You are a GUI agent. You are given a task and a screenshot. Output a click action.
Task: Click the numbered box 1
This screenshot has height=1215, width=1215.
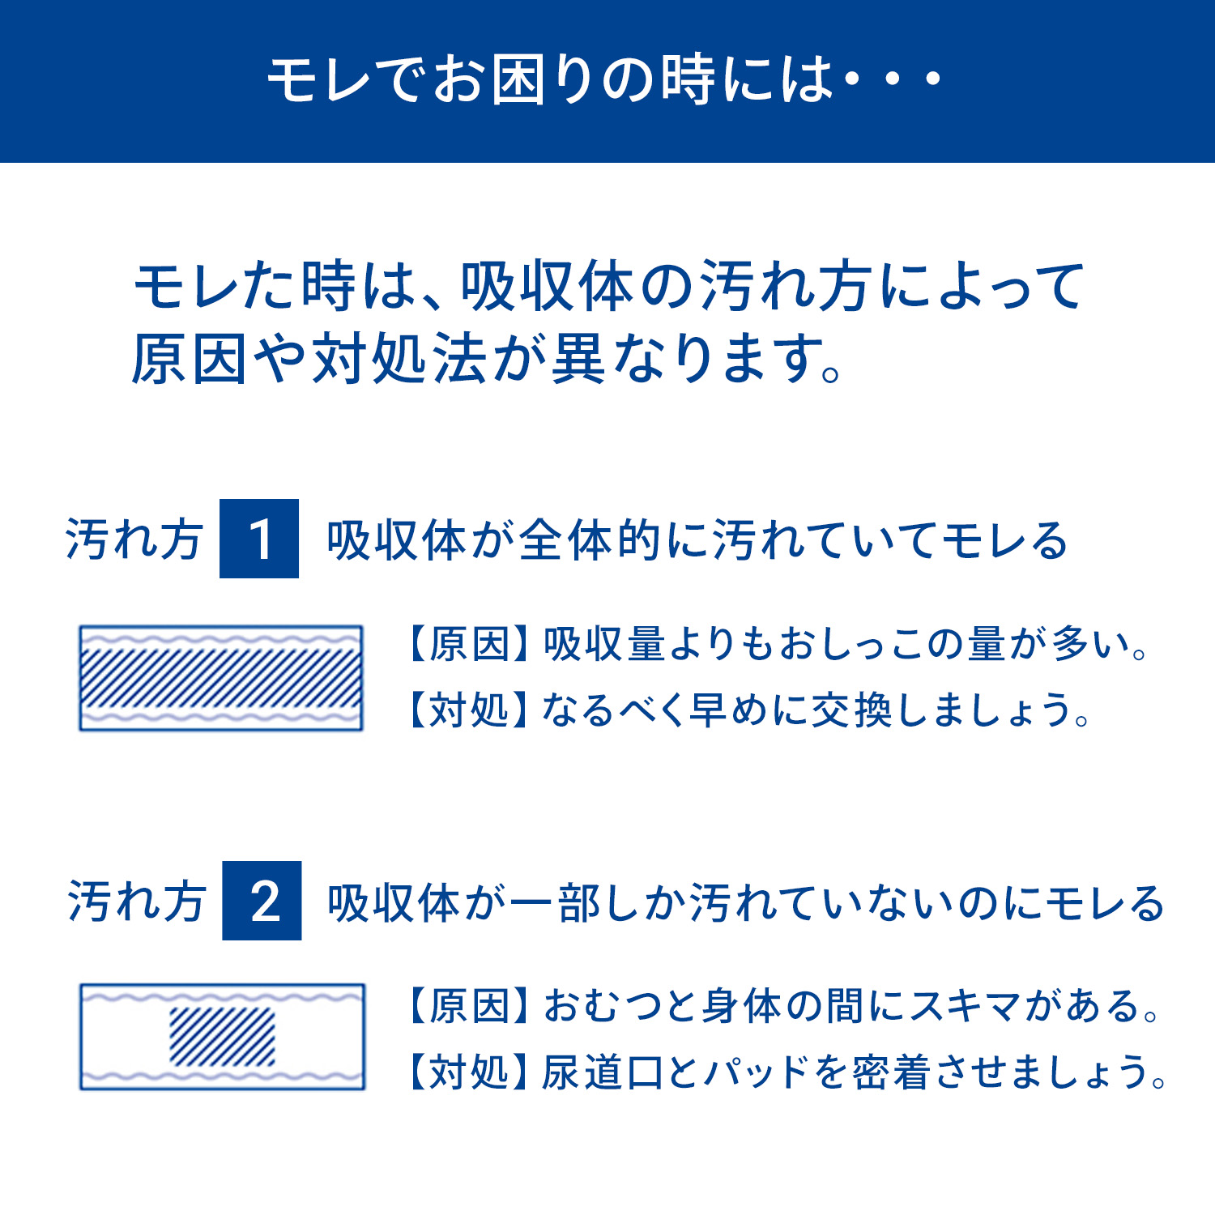pos(259,539)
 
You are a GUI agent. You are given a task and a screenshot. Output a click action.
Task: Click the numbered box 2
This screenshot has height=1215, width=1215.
pos(262,901)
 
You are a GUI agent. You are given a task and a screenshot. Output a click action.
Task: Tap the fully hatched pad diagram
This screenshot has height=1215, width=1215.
pos(220,678)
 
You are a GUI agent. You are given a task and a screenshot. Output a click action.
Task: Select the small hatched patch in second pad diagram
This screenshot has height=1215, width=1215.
pos(222,1037)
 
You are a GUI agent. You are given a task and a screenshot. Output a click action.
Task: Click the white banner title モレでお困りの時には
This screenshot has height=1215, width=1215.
pos(551,80)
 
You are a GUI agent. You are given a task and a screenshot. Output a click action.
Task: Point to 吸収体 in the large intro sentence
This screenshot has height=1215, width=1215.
pos(547,286)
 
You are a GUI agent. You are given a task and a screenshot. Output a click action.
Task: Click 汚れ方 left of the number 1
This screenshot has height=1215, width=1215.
pos(134,539)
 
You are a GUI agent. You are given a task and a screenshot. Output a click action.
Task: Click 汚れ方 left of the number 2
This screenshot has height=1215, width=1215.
pos(136,902)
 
